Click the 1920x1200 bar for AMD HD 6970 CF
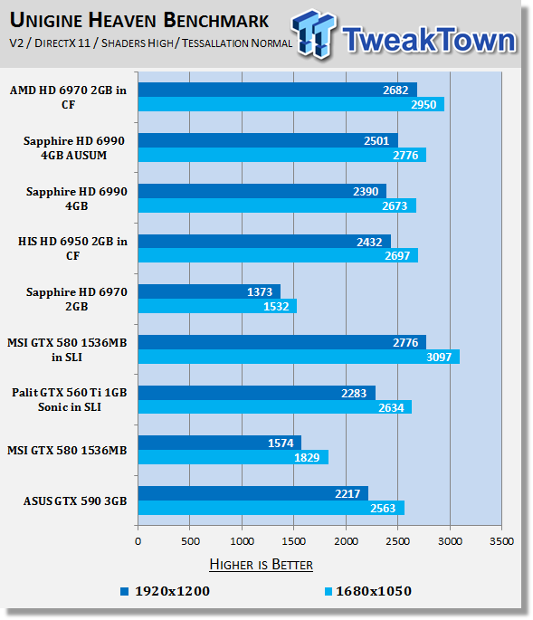click(278, 90)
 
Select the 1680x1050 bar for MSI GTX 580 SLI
click(299, 357)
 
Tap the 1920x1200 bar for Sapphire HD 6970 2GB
click(210, 291)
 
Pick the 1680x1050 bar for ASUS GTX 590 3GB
click(271, 508)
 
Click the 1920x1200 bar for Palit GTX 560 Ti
click(257, 393)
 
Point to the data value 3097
click(439, 357)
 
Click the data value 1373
click(260, 291)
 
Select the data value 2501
click(376, 141)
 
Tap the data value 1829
click(307, 457)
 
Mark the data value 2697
click(397, 256)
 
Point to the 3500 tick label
click(501, 541)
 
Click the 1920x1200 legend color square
click(125, 591)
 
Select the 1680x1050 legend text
click(374, 591)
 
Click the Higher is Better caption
click(261, 564)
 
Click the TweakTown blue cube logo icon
click(313, 34)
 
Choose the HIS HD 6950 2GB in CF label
click(72, 248)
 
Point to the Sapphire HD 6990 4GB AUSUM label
click(74, 148)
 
